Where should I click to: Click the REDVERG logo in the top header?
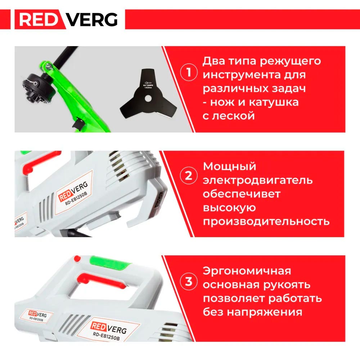click(x=68, y=19)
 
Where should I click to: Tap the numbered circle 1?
click(x=188, y=73)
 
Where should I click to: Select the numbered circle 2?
click(x=188, y=176)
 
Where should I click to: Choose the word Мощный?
click(x=230, y=167)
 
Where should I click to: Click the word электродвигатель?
click(x=258, y=180)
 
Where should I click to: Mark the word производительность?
click(x=266, y=221)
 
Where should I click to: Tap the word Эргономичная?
click(x=247, y=271)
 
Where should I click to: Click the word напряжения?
click(x=264, y=312)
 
